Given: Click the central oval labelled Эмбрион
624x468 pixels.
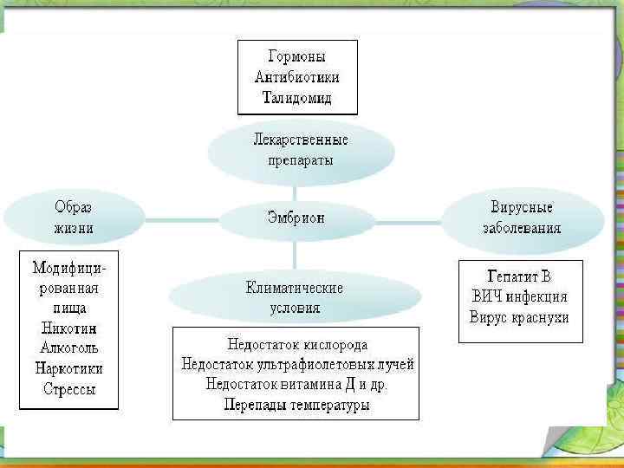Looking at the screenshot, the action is [296, 219].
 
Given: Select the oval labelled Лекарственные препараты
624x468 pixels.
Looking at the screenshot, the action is [300, 149].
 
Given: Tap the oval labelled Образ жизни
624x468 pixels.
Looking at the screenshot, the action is [74, 218].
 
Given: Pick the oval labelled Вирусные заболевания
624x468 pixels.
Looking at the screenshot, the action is [522, 218].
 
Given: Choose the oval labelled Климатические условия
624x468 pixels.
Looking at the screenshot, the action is [294, 297].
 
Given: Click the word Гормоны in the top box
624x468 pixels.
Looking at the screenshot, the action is [296, 57].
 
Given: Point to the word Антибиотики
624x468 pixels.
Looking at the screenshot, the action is [296, 77].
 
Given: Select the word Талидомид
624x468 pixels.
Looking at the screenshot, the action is [296, 97].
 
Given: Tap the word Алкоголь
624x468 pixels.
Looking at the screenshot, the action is [69, 348].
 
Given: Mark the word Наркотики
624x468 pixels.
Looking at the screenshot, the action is [69, 368].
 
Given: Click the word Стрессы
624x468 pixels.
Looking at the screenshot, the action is [69, 389].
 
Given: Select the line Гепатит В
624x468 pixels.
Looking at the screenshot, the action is [519, 277].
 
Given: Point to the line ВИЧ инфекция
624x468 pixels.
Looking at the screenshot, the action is [519, 297].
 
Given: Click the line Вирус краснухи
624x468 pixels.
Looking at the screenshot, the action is [519, 317].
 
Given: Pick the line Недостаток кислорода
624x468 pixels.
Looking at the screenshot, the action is [297, 344].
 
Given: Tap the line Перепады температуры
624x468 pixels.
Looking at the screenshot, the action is [297, 405].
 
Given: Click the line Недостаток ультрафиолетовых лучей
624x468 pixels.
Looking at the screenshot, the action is [297, 364].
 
